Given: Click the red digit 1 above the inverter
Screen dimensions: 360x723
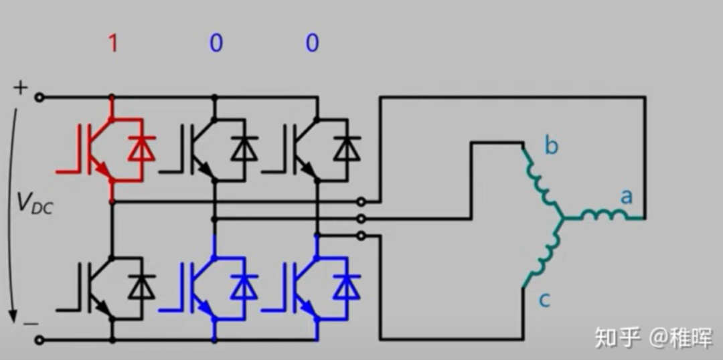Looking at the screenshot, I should point(112,44).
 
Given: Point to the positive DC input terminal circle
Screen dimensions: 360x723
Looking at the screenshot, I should point(39,98).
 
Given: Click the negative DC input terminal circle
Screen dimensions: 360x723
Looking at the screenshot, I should point(39,340).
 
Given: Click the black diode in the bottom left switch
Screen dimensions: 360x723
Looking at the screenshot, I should point(142,287).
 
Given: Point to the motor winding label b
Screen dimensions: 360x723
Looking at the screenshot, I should point(551,146).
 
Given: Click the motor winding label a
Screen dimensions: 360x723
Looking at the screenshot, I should point(627,196).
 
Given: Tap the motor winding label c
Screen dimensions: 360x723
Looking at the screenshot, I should point(544,300).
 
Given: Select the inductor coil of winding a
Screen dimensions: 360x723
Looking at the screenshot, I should point(602,215).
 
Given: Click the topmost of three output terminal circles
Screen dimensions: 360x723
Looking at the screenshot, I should point(361,201).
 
